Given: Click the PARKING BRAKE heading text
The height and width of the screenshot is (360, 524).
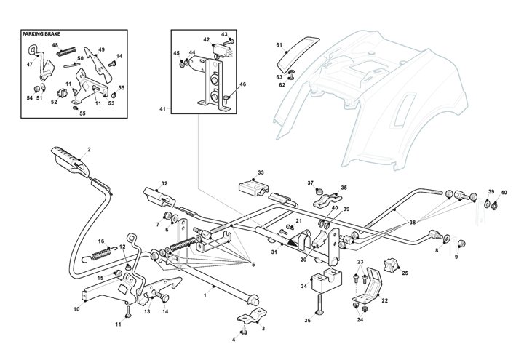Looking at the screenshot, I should [42, 33].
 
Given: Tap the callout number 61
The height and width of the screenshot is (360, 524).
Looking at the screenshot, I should [278, 45].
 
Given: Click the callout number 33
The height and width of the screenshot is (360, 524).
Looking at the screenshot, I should [261, 172].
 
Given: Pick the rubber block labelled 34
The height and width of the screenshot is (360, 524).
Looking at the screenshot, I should [326, 281].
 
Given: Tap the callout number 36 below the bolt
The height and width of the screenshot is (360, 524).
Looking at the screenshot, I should [308, 321].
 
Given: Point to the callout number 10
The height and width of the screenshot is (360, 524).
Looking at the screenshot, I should [76, 309].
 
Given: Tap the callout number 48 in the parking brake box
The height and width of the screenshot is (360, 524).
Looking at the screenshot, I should [55, 45].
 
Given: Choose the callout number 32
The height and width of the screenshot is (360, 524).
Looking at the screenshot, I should [164, 183].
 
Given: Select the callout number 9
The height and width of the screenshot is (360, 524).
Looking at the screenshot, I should [457, 257].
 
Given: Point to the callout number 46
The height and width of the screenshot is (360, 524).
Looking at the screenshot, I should [242, 85].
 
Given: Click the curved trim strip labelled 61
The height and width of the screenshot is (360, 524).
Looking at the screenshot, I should [300, 47].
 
